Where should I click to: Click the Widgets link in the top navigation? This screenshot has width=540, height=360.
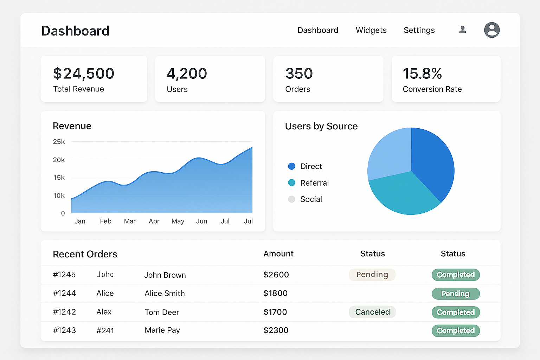(x=371, y=30)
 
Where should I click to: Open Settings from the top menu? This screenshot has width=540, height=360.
(x=419, y=30)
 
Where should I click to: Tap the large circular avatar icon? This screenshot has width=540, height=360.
(x=492, y=30)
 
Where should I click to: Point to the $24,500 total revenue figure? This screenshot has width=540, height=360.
(x=84, y=73)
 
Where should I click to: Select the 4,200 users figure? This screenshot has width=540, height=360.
(x=187, y=73)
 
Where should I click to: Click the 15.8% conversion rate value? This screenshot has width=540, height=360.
(x=422, y=73)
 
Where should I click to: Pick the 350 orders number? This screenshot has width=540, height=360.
(x=299, y=73)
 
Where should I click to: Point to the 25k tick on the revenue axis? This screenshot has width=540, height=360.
(x=59, y=142)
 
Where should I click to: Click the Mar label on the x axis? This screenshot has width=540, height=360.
(x=130, y=221)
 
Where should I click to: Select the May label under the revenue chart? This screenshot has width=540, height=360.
(x=178, y=221)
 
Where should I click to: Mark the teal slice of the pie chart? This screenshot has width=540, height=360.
(x=404, y=193)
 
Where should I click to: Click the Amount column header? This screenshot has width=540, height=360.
(x=278, y=254)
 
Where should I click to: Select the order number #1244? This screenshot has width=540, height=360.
(x=64, y=293)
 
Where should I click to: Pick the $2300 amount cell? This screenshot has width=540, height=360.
(x=276, y=330)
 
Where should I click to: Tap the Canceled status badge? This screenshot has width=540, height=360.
(x=372, y=312)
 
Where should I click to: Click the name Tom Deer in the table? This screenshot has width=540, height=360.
(x=162, y=312)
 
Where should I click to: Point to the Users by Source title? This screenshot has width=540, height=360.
(x=321, y=126)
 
